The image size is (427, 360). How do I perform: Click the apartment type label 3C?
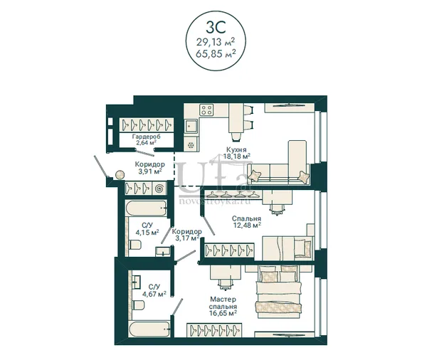point(216,27)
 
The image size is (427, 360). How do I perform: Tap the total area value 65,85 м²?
point(216,53)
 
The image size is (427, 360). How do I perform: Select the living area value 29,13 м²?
point(216,42)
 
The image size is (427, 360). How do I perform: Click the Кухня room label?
point(236,149)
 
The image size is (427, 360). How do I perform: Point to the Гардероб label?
point(146,137)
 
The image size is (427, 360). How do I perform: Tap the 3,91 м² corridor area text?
point(150,171)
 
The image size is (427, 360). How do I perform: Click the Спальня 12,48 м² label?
point(246,222)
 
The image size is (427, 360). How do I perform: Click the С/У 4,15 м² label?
point(147,229)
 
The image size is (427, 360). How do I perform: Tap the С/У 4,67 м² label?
point(154,290)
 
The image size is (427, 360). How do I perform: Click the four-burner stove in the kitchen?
point(206,110)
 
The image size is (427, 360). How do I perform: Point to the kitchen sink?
point(191,126)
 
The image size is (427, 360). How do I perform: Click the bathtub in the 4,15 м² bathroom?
point(146,209)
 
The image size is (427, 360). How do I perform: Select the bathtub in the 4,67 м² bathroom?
point(150,330)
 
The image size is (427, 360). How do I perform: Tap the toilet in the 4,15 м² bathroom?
point(135,245)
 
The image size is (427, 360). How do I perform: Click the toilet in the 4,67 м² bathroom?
point(139,305)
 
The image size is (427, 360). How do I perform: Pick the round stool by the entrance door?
point(120,174)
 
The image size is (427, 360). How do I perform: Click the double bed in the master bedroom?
point(278,292)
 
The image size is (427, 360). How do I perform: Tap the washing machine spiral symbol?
point(159,188)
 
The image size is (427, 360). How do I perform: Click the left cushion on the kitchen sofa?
point(255,175)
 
